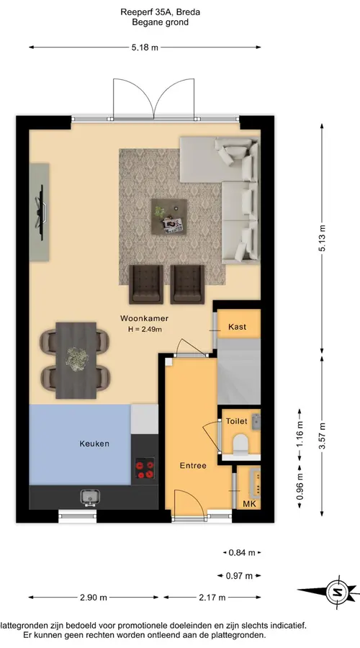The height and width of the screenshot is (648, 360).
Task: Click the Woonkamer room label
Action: pos(144,318)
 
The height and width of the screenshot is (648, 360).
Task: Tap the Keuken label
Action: pos(94,444)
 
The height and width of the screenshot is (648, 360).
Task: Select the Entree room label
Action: pos(193,465)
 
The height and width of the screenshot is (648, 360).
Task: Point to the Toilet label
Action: pos(236,421)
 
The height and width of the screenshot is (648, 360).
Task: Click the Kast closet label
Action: pos(237,326)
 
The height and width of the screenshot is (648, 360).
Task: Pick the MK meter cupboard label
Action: pos(249,504)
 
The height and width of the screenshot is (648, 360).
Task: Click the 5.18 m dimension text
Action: pos(145,47)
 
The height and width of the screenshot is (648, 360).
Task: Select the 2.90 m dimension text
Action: pos(94,597)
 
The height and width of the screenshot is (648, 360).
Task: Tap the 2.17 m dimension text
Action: pos(212,597)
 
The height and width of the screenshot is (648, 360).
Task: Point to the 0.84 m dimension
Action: pos(242,552)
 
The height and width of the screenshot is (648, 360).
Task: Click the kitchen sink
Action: pos(90,497)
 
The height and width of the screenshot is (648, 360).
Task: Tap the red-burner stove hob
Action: pos(145,470)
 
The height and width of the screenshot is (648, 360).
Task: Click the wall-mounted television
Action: pos(41,212)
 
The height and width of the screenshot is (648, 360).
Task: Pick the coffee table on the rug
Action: pos(168,217)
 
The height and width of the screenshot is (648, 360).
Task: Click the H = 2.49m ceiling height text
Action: pos(145,329)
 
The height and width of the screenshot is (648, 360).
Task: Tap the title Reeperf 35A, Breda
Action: pos(161,12)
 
